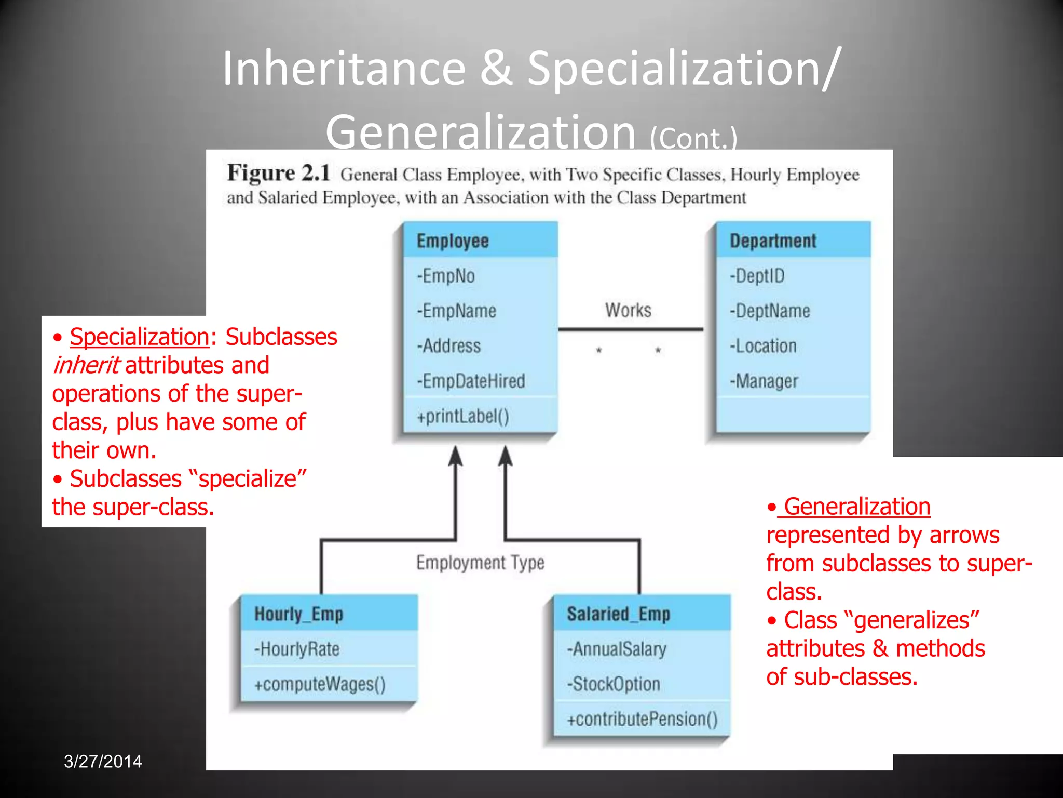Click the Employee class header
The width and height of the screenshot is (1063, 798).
[x=453, y=241]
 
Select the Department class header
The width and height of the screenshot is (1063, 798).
[x=773, y=241]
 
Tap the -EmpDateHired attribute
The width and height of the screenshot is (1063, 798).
[x=471, y=381]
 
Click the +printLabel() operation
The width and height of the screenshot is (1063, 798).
[x=463, y=416]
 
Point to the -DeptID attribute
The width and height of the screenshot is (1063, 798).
[x=757, y=276]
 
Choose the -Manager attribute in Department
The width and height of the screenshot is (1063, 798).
[x=764, y=381]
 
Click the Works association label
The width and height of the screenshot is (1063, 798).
[x=628, y=310]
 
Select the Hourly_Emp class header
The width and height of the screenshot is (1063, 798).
[x=298, y=614]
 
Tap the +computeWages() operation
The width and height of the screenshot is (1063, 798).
[x=320, y=684]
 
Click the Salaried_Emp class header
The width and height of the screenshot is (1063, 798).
[x=618, y=614]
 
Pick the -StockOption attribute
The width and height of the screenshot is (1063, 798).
[x=613, y=684]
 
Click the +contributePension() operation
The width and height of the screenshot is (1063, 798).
[x=642, y=720]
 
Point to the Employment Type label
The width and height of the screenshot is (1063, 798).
[x=480, y=563]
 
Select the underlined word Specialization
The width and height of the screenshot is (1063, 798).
[x=139, y=337]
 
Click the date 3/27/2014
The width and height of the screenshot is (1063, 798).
[x=103, y=761]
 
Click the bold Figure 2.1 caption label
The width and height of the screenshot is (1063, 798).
[x=279, y=173]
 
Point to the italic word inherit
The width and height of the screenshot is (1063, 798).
[x=86, y=365]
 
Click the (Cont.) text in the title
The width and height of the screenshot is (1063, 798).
[x=693, y=139]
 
